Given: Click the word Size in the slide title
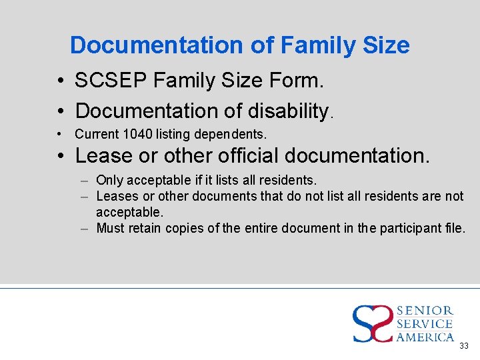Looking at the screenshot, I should pos(386,45).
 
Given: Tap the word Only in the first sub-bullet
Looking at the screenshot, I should pos(110,180).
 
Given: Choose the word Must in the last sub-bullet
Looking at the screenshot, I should pos(111,228).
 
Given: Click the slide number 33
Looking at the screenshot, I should pos(464,345).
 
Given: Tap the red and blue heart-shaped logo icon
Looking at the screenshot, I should pos(373,323).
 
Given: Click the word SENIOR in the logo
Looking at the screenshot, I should pos(425,311).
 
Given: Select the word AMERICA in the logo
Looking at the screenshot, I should pos(425,337).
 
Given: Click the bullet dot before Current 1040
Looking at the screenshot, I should pos(59,134).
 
